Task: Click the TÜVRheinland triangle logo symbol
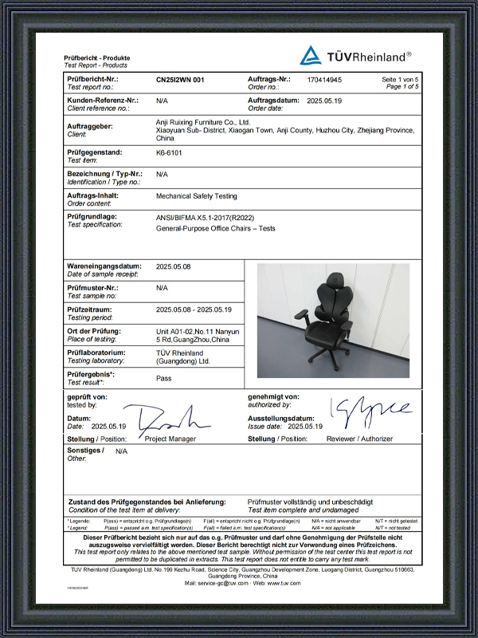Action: tap(311, 55)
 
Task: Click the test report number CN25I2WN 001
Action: tap(180, 81)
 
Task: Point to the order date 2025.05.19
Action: tap(324, 101)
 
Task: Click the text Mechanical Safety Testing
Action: tap(197, 195)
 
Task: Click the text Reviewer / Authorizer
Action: tap(359, 439)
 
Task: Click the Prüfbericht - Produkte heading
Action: tap(96, 58)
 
